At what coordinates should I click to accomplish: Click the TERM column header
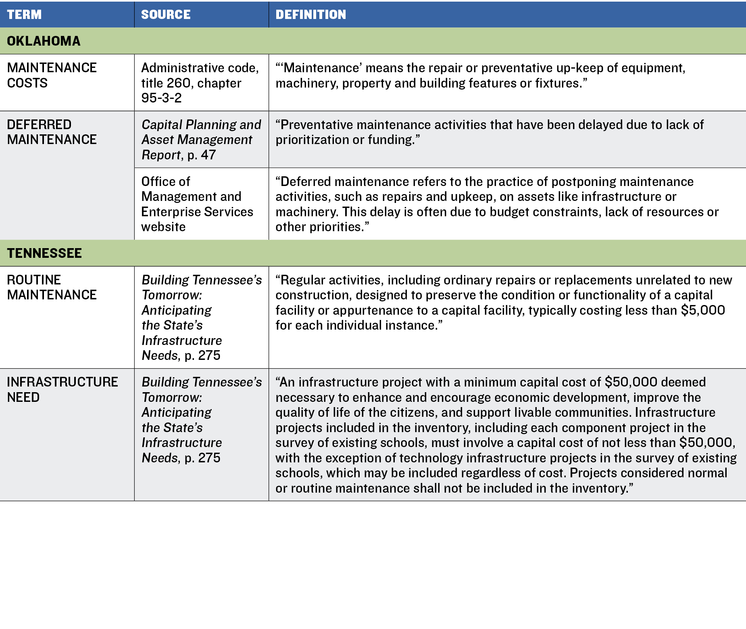click(24, 15)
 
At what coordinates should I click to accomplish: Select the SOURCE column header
click(166, 15)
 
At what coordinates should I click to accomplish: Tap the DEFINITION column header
click(310, 15)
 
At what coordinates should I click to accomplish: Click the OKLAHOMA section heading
click(44, 41)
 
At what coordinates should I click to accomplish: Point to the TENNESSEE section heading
click(44, 253)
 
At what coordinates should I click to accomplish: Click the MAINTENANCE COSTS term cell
click(52, 75)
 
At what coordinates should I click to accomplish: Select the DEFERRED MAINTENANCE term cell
click(52, 132)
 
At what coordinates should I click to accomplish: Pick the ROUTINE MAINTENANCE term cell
click(52, 287)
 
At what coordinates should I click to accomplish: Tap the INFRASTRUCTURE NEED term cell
click(62, 389)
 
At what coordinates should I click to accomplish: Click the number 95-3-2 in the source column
click(161, 98)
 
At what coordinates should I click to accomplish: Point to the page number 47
click(208, 155)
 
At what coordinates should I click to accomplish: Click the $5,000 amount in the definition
click(702, 310)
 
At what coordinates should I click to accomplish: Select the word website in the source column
click(163, 227)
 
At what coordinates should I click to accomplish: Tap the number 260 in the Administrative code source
click(178, 83)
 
